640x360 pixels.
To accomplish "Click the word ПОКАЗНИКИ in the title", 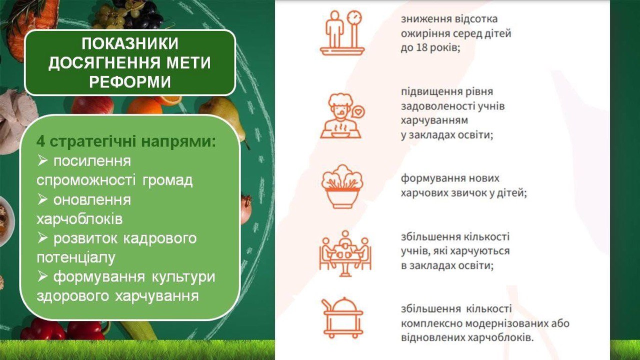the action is (130, 43).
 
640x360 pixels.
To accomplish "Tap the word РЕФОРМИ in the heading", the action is (130, 81).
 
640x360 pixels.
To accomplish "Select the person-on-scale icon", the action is (342, 33).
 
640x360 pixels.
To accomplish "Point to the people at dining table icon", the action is (345, 253).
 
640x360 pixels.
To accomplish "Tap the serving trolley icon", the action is (342, 317).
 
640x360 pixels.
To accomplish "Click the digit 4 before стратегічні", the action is (40, 141).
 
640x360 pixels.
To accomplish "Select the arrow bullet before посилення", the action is (42, 161).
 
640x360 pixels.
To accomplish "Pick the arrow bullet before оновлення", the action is (42, 199).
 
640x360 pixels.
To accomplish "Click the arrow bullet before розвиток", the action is (42, 238).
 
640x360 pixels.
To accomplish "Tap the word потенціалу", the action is (76, 257).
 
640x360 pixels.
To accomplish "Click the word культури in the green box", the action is (183, 277).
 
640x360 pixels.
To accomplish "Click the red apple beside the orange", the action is (92, 105).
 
